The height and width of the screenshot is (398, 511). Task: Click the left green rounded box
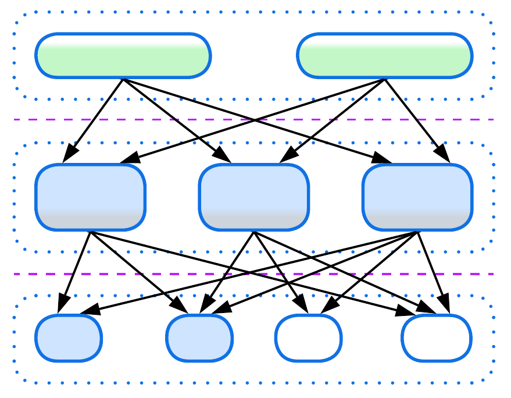tap(123, 56)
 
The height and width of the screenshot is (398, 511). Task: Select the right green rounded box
tap(384, 56)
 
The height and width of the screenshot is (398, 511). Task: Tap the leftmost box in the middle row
tap(90, 197)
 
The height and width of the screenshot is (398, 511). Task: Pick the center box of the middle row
tap(253, 197)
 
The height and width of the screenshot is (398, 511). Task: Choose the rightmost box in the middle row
tap(417, 197)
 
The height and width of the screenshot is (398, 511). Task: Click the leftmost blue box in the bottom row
tap(69, 337)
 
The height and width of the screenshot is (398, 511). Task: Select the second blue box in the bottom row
tap(199, 337)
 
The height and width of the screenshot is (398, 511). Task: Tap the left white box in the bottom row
tap(308, 337)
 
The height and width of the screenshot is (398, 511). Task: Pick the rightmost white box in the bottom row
tap(436, 337)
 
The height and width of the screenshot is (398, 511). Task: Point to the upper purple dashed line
tap(174, 119)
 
